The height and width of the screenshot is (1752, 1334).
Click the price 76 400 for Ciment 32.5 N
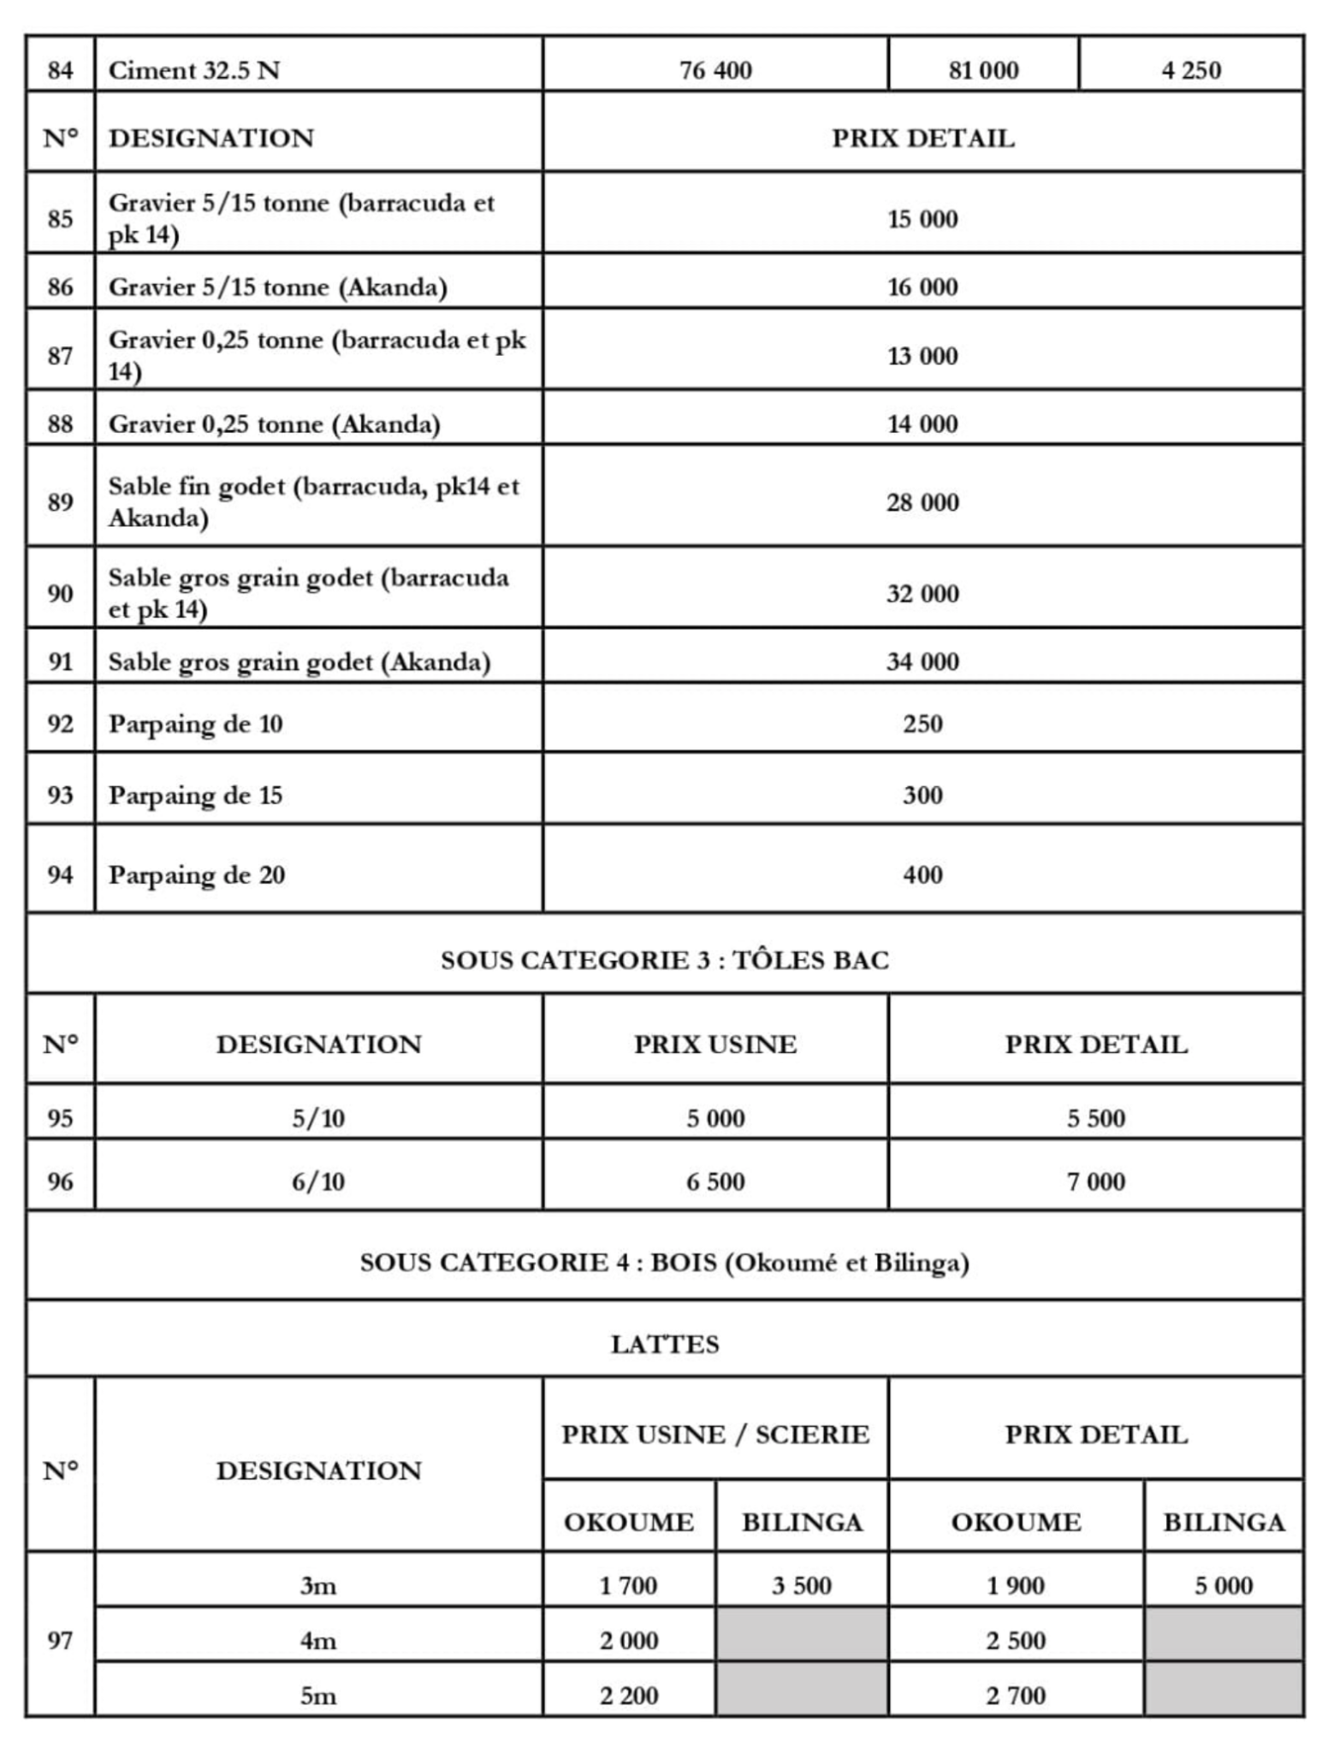[715, 70]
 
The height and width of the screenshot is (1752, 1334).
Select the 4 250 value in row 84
[1190, 70]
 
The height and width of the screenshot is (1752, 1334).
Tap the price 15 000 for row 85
[922, 219]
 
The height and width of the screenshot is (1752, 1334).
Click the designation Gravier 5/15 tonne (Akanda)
[277, 287]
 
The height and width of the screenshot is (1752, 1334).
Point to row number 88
[60, 423]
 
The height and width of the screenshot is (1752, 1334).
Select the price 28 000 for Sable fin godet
[922, 502]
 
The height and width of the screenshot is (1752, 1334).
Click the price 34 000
[922, 661]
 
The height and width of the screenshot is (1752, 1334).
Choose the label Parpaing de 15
[195, 796]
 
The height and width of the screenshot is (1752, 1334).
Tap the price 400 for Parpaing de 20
[922, 874]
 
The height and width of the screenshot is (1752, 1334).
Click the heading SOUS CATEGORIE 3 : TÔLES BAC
[665, 960]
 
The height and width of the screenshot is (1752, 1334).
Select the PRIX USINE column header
[715, 1045]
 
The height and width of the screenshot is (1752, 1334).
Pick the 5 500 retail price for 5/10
[1095, 1118]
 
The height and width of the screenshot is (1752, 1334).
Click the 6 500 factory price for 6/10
[715, 1181]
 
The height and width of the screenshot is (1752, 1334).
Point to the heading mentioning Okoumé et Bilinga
[665, 1263]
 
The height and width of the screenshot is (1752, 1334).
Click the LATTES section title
[665, 1345]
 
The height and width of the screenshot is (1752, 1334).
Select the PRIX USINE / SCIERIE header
[715, 1435]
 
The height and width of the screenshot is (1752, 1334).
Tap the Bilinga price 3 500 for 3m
[802, 1586]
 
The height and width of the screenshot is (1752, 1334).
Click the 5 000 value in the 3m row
[1224, 1586]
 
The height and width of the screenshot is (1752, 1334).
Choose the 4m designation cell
[318, 1641]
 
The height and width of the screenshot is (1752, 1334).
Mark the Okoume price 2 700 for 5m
[1016, 1696]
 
